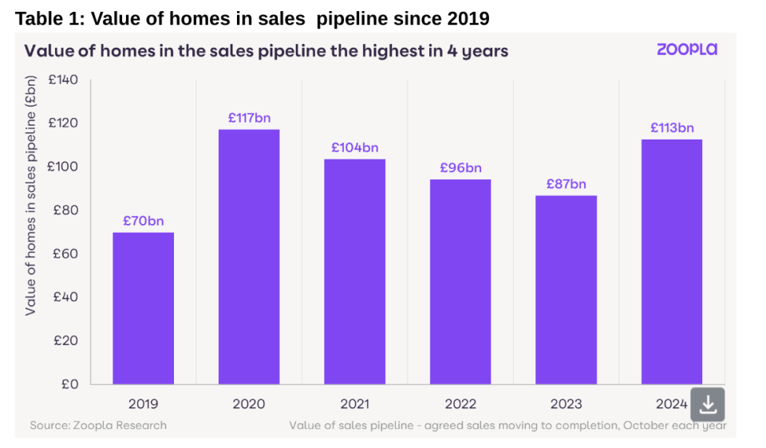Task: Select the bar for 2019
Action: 143,308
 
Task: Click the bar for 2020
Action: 249,257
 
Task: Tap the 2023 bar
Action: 567,290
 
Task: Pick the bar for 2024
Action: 672,262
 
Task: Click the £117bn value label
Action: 249,118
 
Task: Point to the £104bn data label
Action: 354,147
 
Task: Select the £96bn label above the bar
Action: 460,168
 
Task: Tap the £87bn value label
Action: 567,184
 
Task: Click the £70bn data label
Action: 143,221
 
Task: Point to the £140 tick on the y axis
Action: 63,80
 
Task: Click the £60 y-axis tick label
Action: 65,253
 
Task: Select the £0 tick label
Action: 69,384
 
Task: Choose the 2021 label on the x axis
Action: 354,404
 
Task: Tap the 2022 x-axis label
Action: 460,404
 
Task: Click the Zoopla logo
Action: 687,49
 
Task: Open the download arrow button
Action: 708,405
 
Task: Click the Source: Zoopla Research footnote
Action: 98,426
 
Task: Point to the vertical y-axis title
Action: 30,195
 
